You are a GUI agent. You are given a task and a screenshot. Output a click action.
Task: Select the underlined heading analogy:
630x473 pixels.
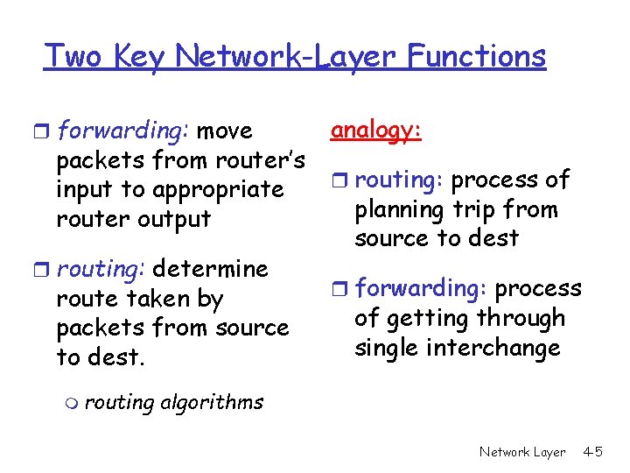[376, 130]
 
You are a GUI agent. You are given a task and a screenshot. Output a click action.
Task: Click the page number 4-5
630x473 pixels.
[592, 452]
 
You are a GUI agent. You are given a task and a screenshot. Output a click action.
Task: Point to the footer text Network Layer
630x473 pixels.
[522, 452]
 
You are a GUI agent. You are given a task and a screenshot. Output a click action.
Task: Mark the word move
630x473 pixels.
[226, 131]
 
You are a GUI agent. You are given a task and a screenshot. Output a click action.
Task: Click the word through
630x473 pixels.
[520, 318]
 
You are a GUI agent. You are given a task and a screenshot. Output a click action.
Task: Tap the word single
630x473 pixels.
[385, 348]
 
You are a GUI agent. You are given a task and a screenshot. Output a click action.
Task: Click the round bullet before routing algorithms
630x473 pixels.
[71, 402]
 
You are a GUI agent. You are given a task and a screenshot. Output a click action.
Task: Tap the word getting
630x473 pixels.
[424, 319]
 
